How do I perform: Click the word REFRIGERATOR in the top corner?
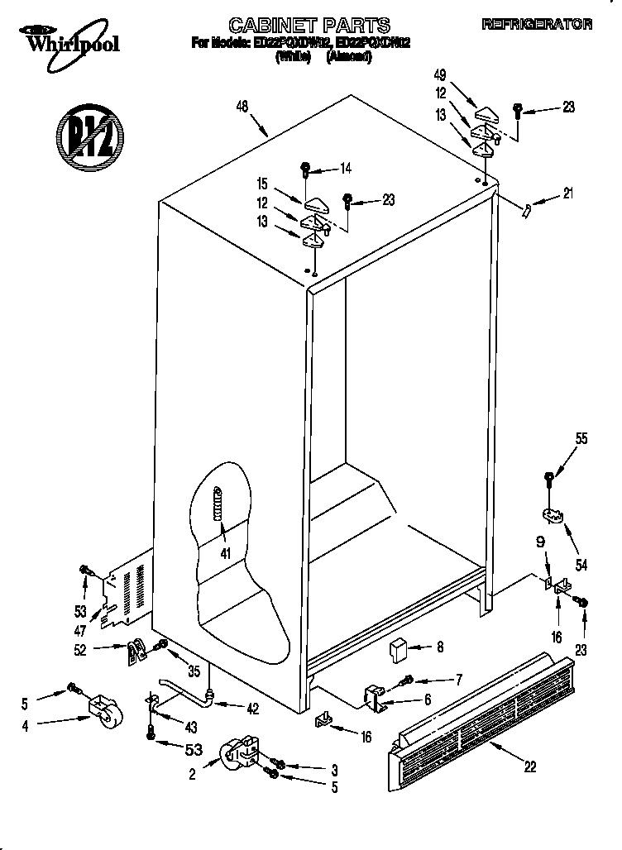pos(537,26)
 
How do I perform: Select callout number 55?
pos(581,439)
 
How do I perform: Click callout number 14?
pos(345,169)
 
